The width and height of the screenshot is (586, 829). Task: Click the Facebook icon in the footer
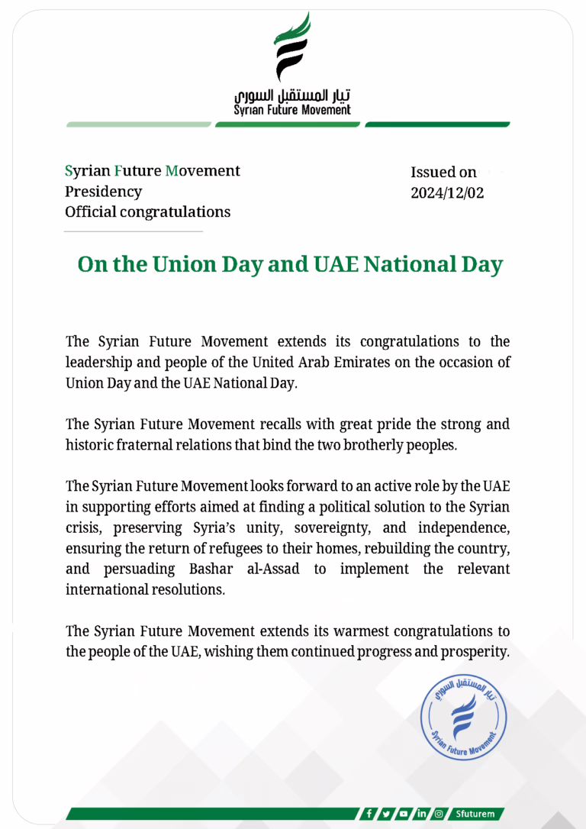point(369,814)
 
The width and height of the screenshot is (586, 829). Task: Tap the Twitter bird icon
point(387,814)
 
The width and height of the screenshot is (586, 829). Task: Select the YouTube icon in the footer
point(404,814)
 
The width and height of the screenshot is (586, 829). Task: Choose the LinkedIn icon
point(421,814)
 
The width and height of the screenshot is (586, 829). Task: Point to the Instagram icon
point(439,814)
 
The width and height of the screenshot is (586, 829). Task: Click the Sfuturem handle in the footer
point(476,814)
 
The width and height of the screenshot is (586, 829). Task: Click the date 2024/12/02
point(447,193)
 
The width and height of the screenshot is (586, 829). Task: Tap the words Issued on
point(443,173)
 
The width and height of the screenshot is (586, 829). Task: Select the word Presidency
point(103,192)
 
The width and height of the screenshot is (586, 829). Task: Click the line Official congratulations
point(147,211)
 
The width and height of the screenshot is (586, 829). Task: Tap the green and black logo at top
point(293,47)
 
